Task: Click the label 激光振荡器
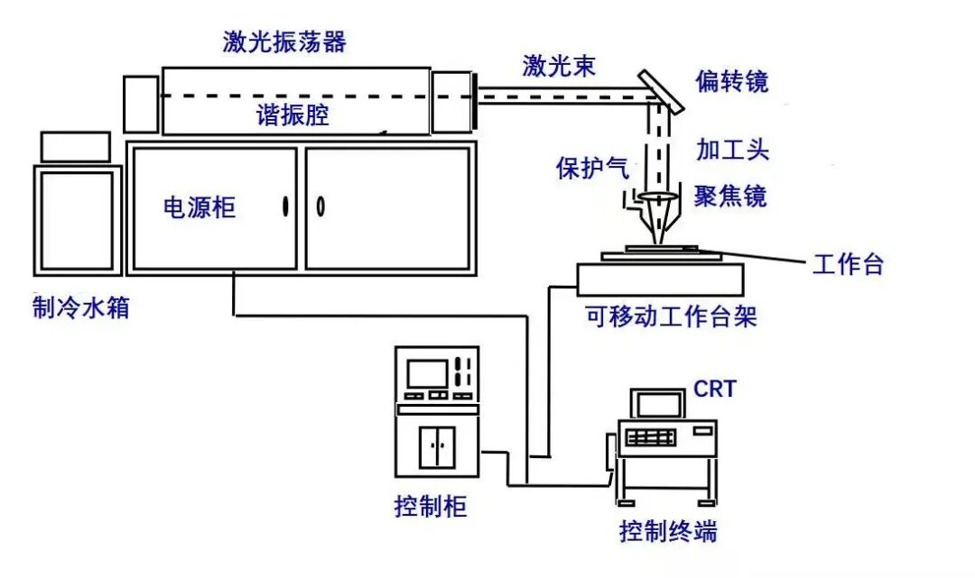click(284, 42)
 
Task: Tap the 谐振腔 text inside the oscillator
click(292, 115)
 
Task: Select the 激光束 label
click(559, 65)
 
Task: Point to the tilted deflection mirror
click(660, 91)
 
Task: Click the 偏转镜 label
click(732, 81)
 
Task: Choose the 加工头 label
click(732, 150)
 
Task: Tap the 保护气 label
click(592, 168)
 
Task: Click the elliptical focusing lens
click(657, 197)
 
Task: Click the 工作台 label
click(848, 264)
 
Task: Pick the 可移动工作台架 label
click(671, 317)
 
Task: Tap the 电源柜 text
click(200, 207)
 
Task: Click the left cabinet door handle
click(285, 206)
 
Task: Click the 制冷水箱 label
click(81, 307)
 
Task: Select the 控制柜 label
click(431, 507)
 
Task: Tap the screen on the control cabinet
click(427, 373)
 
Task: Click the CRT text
click(715, 389)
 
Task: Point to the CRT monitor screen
click(658, 405)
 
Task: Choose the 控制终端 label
click(668, 531)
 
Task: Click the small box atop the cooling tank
click(75, 147)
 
